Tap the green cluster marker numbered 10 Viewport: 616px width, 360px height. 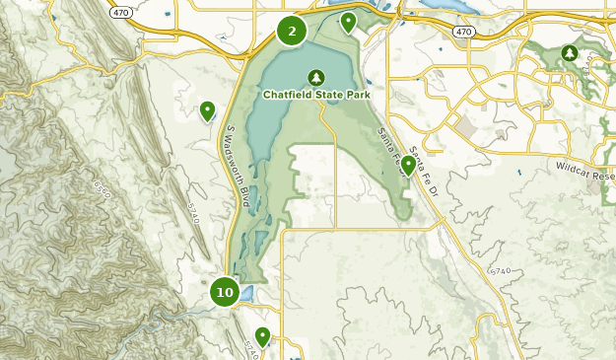coord(225,292)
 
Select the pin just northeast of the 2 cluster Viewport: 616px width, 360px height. coord(348,21)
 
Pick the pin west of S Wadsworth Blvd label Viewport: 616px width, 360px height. coord(207,110)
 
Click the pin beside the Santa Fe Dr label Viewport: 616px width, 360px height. coord(408,164)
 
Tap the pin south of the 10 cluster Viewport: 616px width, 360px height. coord(262,336)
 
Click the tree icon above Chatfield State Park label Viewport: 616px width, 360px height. coord(316,76)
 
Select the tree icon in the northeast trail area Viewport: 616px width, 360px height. coord(569,51)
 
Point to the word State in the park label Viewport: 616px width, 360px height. coord(327,95)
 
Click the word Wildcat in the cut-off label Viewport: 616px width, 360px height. coord(574,169)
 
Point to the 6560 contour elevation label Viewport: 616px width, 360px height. coord(102,186)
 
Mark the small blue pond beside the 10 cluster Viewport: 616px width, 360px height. coord(245,293)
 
